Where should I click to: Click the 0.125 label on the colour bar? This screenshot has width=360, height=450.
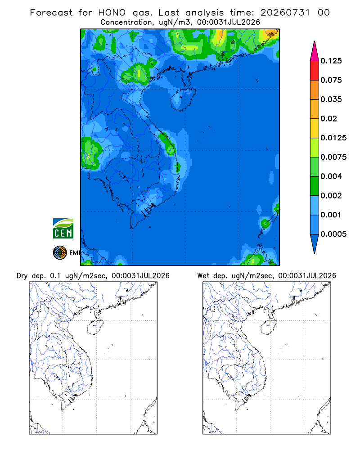(x=331, y=61)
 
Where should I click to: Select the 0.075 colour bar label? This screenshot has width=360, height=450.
(x=331, y=80)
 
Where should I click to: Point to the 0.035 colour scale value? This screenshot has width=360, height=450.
(x=331, y=99)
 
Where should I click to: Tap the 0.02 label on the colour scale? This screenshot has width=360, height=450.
(x=328, y=118)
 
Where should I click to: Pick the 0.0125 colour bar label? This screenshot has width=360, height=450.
(x=333, y=138)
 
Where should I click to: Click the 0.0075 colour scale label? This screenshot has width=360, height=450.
(x=333, y=157)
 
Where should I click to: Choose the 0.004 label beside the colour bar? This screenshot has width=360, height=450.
(x=331, y=176)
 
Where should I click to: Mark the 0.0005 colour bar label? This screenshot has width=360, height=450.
(x=333, y=234)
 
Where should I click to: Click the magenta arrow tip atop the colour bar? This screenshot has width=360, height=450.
(x=315, y=41)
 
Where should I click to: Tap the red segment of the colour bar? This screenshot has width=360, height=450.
(x=315, y=71)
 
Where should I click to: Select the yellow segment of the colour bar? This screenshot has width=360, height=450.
(x=315, y=128)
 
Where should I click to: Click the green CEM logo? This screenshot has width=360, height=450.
(x=63, y=229)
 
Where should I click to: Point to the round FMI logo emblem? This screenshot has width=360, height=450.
(x=60, y=253)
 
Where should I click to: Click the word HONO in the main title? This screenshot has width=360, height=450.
(x=112, y=13)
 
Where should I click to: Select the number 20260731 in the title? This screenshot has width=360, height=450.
(x=285, y=13)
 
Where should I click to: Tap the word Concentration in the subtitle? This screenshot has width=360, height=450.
(x=126, y=22)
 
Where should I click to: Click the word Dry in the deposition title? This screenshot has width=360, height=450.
(x=22, y=276)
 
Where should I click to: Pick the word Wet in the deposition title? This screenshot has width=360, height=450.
(x=203, y=276)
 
